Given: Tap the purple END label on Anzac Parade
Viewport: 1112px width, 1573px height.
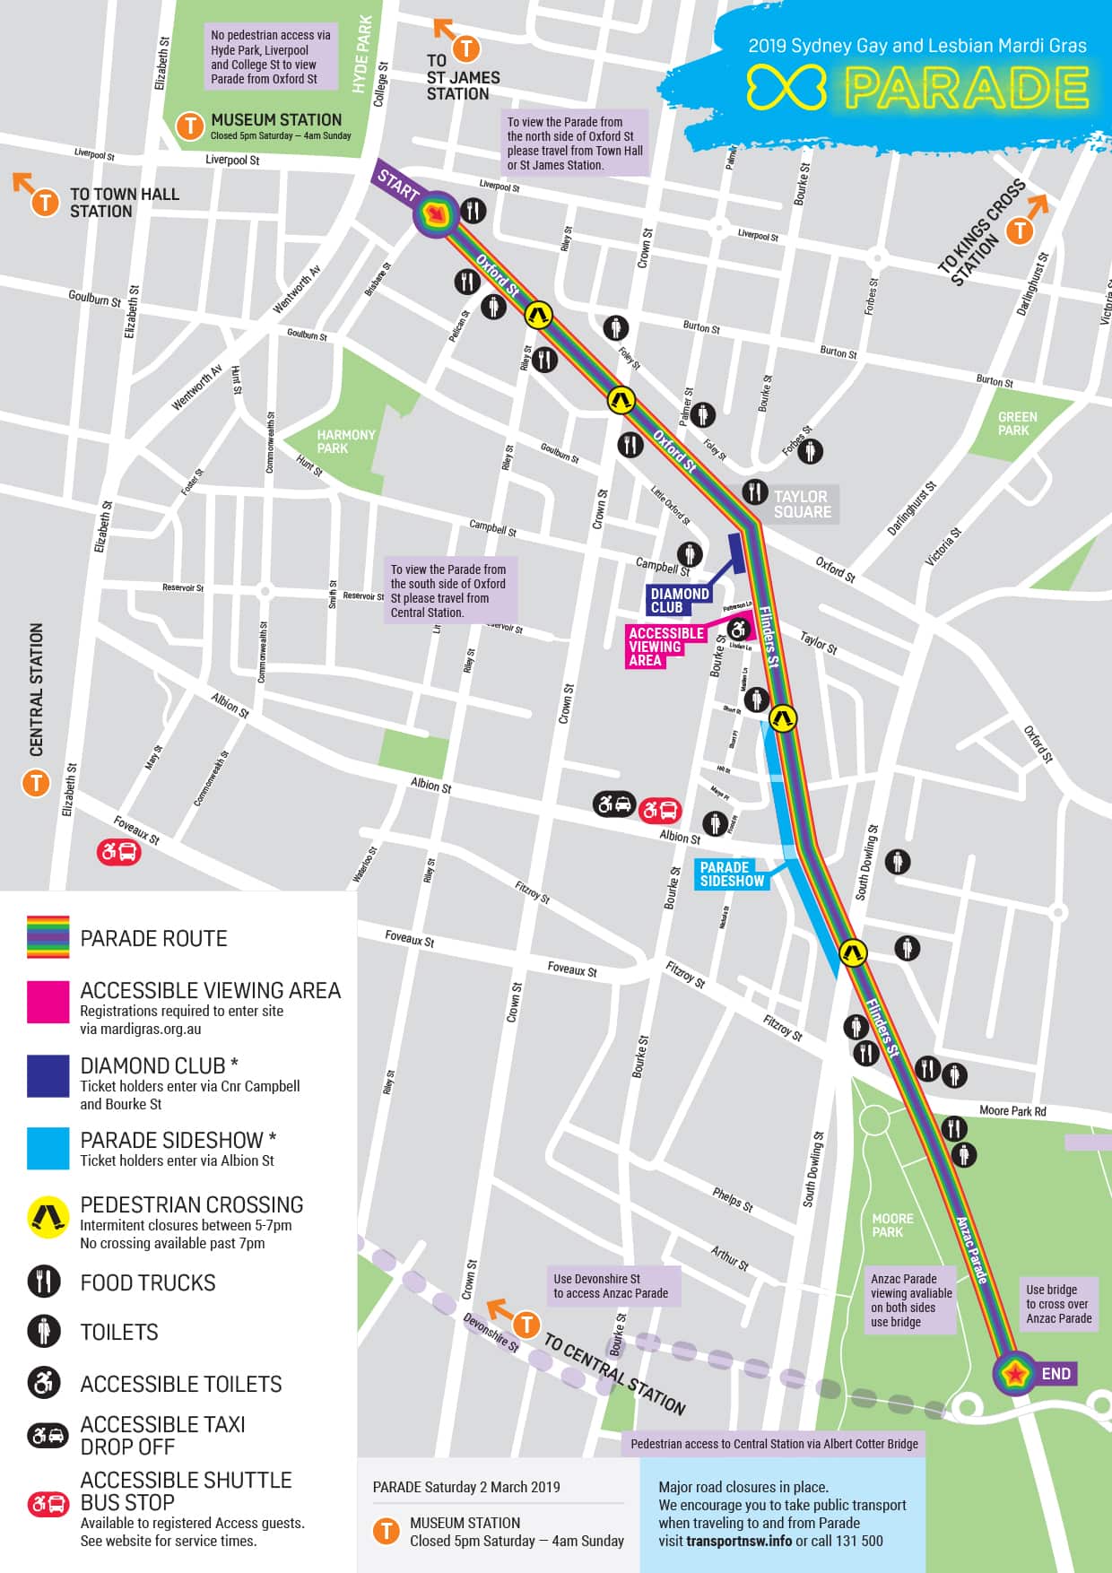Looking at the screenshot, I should tap(1056, 1373).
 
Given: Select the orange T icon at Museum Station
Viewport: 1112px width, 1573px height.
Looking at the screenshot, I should tap(189, 126).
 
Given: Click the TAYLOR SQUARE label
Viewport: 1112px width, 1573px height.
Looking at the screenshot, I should tap(802, 504).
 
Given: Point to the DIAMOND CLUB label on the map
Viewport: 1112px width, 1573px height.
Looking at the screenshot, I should tap(679, 600).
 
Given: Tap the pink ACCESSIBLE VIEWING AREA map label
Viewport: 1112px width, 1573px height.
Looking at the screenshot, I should tap(665, 646).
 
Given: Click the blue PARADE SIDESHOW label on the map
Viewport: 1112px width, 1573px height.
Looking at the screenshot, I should tap(732, 873).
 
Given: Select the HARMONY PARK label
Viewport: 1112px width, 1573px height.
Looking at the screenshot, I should tap(344, 441).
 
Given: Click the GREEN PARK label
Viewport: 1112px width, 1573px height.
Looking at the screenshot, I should tap(1017, 423).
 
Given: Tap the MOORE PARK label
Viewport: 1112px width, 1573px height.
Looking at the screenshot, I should tap(892, 1225).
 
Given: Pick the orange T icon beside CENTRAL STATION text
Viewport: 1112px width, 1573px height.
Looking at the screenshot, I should tap(36, 783).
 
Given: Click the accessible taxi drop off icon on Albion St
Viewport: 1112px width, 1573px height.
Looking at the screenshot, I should tap(613, 804).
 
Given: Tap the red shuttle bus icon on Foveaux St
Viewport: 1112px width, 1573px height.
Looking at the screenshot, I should tap(119, 851).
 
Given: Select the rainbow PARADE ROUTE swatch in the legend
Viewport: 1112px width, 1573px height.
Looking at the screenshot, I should tap(48, 937).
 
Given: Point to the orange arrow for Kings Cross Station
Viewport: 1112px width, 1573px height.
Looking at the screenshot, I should tap(1038, 207).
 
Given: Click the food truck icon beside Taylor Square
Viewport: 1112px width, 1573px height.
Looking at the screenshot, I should tap(755, 491).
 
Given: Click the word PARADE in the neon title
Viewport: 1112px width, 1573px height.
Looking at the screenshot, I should tap(966, 89).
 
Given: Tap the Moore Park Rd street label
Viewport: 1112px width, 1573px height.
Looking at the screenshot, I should tap(1012, 1110).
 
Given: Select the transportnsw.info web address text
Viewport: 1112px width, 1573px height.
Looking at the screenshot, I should tap(738, 1541).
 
